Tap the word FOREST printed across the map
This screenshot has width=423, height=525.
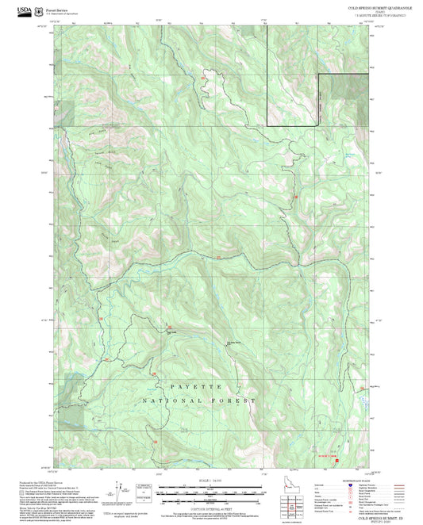pyautogui.click(x=236, y=401)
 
